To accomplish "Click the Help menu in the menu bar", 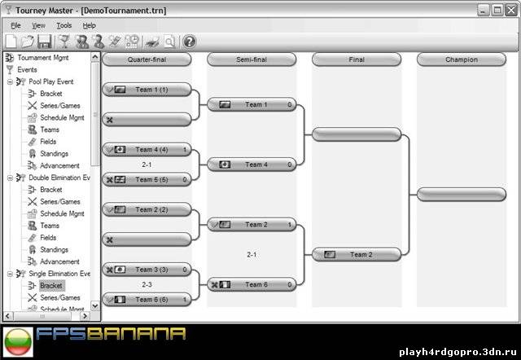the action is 89,25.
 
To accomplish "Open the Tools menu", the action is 63,25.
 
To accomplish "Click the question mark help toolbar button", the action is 190,42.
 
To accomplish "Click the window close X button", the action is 512,10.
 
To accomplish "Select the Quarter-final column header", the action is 147,59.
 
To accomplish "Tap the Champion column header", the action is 462,59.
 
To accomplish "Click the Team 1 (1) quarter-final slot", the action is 147,90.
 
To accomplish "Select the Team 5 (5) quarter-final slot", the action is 147,180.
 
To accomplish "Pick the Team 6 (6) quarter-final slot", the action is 147,300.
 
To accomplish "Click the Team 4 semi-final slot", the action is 252,165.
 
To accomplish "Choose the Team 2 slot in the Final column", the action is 357,255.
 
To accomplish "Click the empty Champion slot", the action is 462,195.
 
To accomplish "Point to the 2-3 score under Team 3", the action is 147,284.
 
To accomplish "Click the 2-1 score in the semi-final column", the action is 252,255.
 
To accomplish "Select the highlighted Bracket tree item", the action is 50,286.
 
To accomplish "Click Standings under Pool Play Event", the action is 55,154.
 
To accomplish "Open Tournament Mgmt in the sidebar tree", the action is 43,58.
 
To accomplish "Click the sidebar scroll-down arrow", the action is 95,305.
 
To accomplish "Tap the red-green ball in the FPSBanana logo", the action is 18,342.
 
